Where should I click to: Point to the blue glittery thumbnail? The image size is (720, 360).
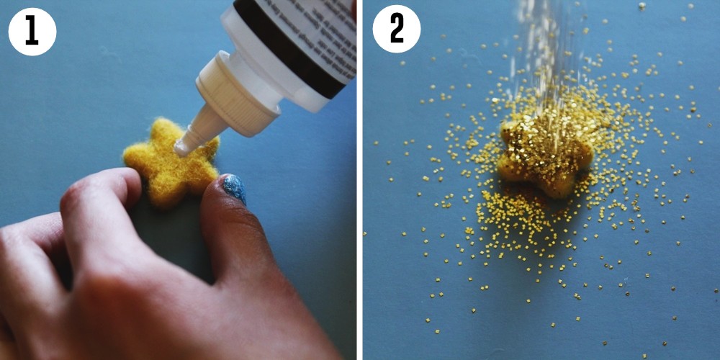click(x=233, y=189)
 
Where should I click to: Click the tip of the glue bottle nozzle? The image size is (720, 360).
click(x=181, y=148)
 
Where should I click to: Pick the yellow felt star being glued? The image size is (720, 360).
click(x=170, y=162)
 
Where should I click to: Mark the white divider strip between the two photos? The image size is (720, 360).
click(x=359, y=180)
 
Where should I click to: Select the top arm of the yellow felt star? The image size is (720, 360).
click(x=167, y=130)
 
